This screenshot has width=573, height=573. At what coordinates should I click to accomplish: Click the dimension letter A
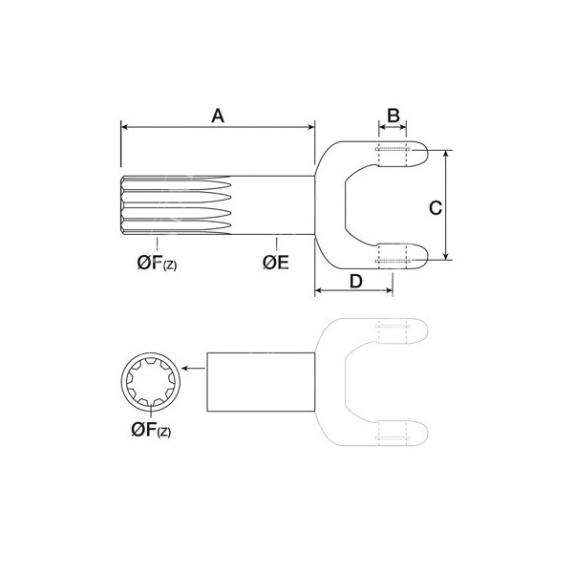point(218,116)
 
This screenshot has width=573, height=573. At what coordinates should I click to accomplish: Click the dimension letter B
point(393,116)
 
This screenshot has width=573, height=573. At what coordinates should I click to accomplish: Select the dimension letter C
point(435,207)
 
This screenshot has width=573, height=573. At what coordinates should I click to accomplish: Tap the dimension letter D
point(355,282)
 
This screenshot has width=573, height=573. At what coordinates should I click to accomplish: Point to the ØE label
point(276,263)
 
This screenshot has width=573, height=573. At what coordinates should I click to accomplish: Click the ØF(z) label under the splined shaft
point(157,263)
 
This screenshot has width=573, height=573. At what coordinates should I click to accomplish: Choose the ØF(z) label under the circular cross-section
point(151,430)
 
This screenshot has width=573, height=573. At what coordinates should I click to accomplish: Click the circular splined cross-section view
point(151,381)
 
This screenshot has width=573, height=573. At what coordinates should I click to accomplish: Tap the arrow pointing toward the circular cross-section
point(193,368)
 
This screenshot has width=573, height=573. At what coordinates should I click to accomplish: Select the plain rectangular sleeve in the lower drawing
point(261,382)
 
